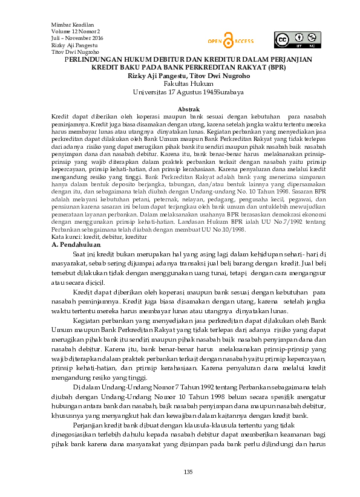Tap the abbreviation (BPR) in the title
[269, 68]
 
